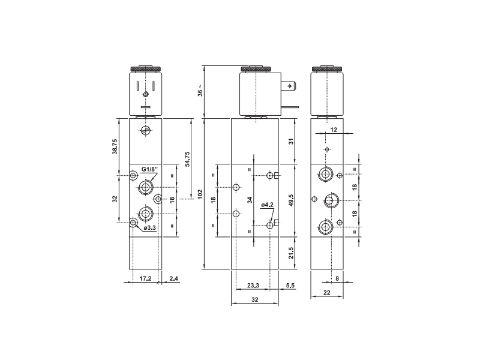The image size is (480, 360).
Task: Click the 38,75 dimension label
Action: pyautogui.click(x=115, y=146)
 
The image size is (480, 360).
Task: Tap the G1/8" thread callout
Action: pyautogui.click(x=149, y=169)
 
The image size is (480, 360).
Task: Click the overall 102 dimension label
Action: pyautogui.click(x=200, y=195)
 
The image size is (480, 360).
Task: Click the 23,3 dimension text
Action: pyautogui.click(x=253, y=286)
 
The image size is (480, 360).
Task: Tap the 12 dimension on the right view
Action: pyautogui.click(x=334, y=130)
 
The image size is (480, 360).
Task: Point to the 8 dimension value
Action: pyautogui.click(x=337, y=278)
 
